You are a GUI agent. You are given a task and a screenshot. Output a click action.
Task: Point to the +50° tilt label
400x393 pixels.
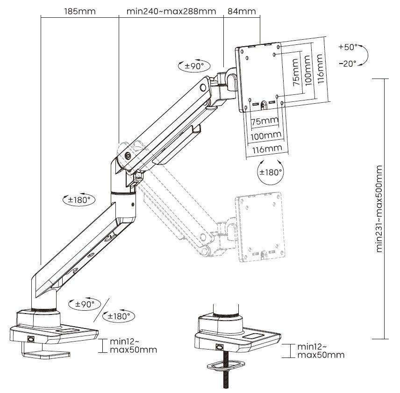click(x=348, y=47)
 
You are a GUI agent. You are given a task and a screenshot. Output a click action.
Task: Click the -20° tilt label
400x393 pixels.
click(x=348, y=63)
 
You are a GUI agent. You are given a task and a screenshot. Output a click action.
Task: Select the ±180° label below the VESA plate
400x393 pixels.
click(x=271, y=172)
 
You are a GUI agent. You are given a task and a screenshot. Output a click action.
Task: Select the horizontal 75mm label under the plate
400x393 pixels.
click(x=264, y=121)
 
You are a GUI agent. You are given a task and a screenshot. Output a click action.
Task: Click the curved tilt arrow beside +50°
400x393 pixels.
click(x=367, y=55)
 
